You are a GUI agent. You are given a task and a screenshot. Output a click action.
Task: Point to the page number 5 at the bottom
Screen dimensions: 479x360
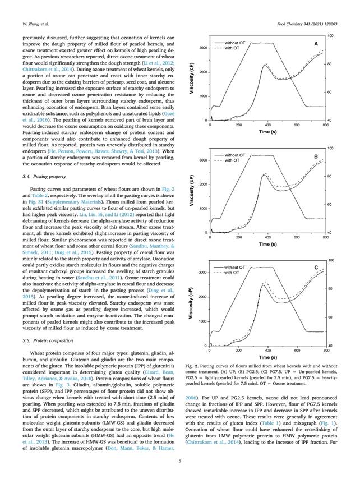(179, 462)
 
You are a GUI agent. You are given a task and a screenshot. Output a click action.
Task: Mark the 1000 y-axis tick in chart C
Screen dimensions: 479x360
(204, 321)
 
